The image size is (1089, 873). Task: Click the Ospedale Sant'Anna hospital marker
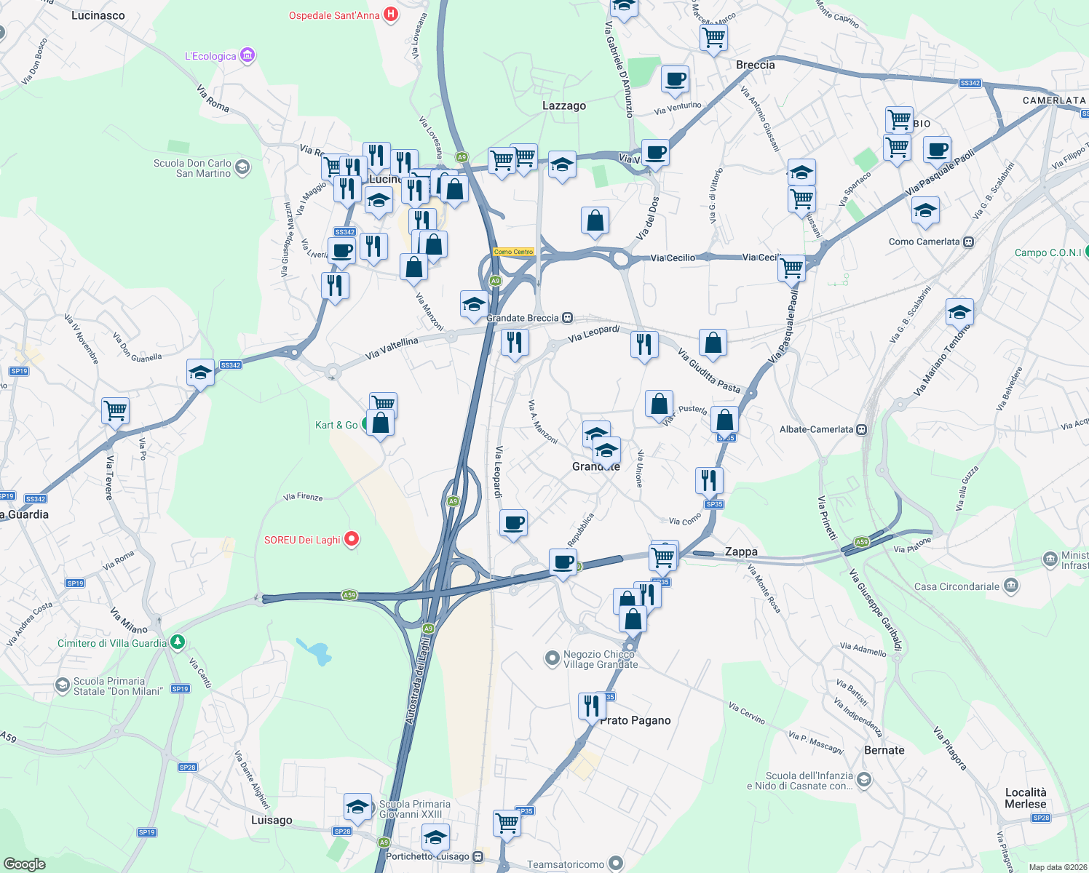click(x=391, y=15)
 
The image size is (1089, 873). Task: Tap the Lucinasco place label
click(x=98, y=15)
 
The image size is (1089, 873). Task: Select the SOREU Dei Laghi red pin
click(x=352, y=539)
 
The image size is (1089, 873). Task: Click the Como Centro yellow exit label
click(x=514, y=252)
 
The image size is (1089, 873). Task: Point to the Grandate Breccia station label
click(x=523, y=318)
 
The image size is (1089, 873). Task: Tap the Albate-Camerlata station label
click(x=816, y=429)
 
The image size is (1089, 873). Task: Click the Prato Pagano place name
click(x=635, y=720)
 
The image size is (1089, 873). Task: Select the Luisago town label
click(x=272, y=820)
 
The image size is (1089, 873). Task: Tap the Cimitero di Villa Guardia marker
click(x=178, y=642)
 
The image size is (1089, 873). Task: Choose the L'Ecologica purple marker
click(x=247, y=55)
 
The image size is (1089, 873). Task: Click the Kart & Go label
click(x=336, y=425)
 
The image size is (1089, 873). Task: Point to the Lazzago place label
click(x=564, y=105)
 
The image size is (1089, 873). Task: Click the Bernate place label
click(x=884, y=750)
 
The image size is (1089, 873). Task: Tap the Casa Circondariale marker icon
click(x=1010, y=586)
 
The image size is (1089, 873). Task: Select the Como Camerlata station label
click(x=924, y=242)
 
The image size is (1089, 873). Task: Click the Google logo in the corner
click(x=25, y=864)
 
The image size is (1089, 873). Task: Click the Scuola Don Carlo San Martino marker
click(x=242, y=168)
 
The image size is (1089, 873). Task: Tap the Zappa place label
click(x=741, y=551)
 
